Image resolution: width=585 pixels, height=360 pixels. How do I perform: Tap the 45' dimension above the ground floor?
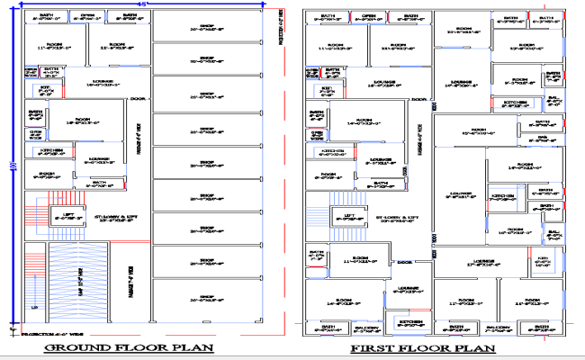point(140,4)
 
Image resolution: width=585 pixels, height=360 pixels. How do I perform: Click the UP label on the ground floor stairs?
point(34,308)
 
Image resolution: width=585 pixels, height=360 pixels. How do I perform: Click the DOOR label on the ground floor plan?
point(138,98)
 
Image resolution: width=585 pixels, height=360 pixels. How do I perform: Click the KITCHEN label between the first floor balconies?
point(410,320)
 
